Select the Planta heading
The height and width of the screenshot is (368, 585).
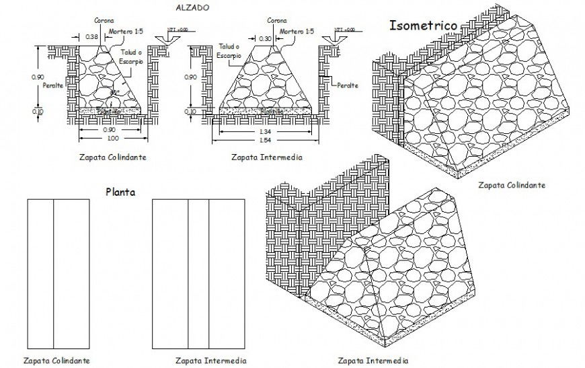pyautogui.click(x=121, y=192)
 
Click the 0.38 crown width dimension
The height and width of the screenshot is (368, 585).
pyautogui.click(x=92, y=36)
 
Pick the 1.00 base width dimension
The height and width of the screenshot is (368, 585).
pyautogui.click(x=112, y=138)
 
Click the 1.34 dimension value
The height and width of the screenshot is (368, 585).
pyautogui.click(x=266, y=131)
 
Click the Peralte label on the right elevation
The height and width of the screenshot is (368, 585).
pyautogui.click(x=348, y=85)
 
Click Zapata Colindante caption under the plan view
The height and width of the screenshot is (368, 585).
pyautogui.click(x=56, y=361)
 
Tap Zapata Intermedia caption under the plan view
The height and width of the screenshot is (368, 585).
pyautogui.click(x=211, y=361)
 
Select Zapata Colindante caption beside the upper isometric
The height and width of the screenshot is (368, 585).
pyautogui.click(x=511, y=185)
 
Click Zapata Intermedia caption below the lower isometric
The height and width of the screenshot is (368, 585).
pyautogui.click(x=373, y=360)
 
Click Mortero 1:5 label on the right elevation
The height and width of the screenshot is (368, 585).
pyautogui.click(x=297, y=31)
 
